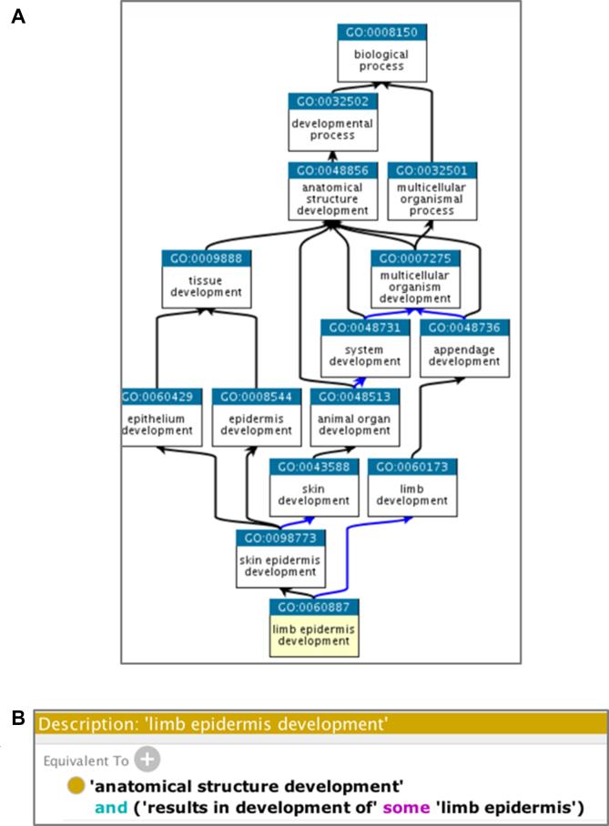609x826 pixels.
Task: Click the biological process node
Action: [381, 54]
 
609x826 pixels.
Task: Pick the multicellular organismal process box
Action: [431, 191]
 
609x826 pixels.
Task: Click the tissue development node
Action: [206, 279]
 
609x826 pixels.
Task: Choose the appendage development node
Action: [464, 348]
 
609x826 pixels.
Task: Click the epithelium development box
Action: [158, 418]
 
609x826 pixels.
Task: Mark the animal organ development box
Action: [350, 418]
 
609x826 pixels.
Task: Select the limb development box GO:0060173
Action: [411, 487]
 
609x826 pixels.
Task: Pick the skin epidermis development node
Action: [280, 557]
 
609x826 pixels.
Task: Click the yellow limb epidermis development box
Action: [313, 627]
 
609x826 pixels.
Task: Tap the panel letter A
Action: [16, 15]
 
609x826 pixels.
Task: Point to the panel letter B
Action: [16, 718]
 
